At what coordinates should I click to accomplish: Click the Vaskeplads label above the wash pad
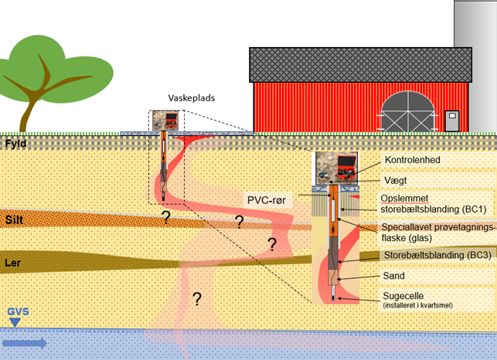192,98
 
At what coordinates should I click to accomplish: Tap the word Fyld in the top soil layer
15,144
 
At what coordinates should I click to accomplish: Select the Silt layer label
14,219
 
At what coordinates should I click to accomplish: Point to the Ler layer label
13,263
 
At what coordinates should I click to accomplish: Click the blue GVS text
18,311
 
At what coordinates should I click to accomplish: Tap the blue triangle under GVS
15,323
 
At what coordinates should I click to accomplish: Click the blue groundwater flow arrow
25,343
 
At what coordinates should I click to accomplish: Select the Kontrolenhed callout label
413,160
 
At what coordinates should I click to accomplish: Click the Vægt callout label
396,181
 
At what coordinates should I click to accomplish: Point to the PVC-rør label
266,200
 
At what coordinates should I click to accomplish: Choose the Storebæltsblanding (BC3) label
437,255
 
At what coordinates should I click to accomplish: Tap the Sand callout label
393,276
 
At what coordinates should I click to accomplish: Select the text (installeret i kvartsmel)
417,305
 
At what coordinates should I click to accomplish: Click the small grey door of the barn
452,121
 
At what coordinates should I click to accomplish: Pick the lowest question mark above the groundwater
197,299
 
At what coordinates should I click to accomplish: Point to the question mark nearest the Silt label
165,217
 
